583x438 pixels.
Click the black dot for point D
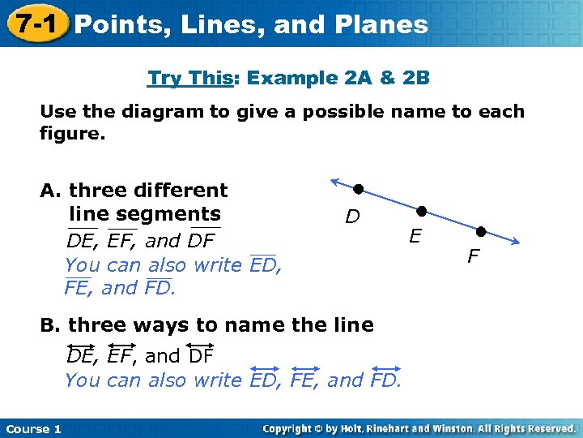tap(358, 189)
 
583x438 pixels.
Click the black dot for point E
tap(421, 211)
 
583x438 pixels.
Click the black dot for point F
tap(480, 231)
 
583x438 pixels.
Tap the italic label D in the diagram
tap(352, 217)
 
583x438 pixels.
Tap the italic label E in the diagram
tap(415, 236)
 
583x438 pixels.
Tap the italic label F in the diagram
tap(474, 257)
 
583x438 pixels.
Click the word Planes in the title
tap(382, 24)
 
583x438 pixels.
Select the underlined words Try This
tap(189, 79)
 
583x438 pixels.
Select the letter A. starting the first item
tap(51, 191)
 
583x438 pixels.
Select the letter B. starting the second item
tap(51, 325)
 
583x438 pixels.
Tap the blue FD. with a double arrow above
tap(385, 380)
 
